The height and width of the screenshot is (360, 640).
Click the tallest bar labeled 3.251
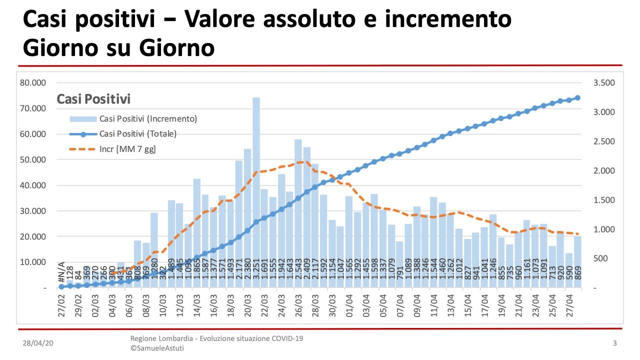256,190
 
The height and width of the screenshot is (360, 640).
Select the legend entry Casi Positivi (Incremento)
148,119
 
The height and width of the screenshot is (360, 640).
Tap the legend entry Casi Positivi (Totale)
138,134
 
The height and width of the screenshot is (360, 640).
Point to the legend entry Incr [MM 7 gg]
127,149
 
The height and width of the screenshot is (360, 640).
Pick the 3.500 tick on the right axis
604,83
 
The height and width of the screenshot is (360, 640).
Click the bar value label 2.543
298,272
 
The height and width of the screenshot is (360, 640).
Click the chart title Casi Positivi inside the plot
93,99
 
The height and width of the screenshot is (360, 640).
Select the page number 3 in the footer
614,343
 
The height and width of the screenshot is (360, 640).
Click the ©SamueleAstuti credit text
157,348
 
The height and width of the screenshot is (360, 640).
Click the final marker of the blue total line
577,98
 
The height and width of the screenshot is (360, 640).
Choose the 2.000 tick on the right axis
604,171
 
